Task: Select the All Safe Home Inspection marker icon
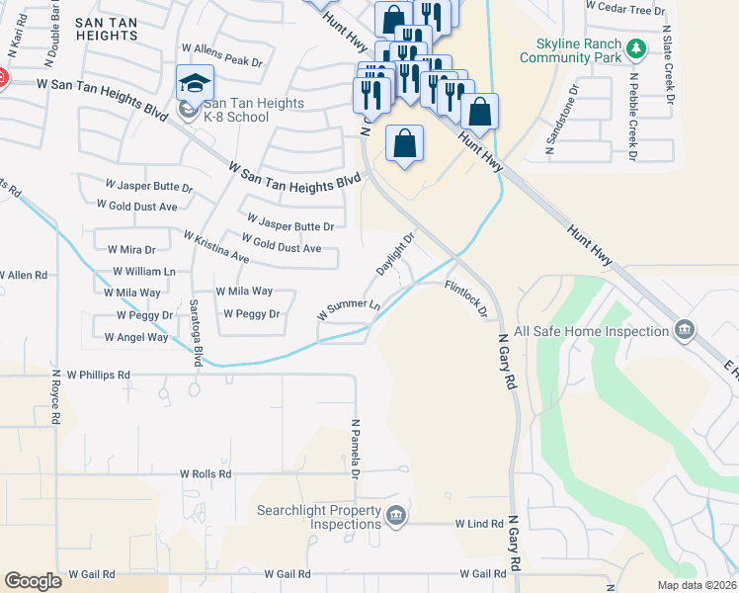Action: [x=683, y=329]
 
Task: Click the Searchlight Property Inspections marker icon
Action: [x=394, y=516]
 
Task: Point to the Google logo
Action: [x=33, y=581]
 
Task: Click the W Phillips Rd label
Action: [x=99, y=376]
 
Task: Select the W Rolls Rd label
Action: [x=205, y=474]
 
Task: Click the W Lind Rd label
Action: [x=479, y=523]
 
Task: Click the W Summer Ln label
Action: [x=349, y=308]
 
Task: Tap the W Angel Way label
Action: [x=136, y=337]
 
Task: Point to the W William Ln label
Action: [x=144, y=271]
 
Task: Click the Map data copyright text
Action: [x=696, y=584]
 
